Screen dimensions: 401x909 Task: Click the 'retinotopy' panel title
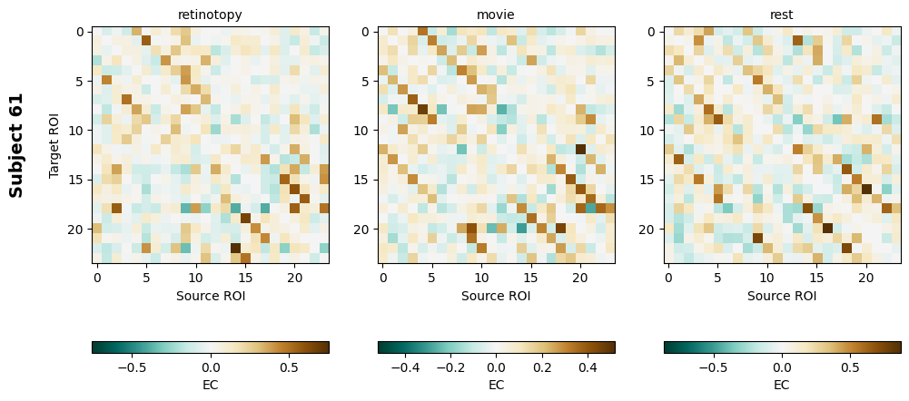point(210,15)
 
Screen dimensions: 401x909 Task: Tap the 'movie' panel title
point(496,15)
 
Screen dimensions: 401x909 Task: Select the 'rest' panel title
point(782,15)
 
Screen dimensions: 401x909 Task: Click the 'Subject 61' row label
point(16,145)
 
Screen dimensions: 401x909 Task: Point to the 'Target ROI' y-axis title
point(54,145)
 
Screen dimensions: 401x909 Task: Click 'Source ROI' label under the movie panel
point(496,295)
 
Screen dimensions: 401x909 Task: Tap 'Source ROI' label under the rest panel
point(782,295)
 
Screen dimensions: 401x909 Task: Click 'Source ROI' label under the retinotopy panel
point(210,295)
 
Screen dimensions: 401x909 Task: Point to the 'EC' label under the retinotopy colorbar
point(210,385)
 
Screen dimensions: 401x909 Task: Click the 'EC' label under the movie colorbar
point(496,385)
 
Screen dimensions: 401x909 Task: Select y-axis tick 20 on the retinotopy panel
point(79,229)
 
